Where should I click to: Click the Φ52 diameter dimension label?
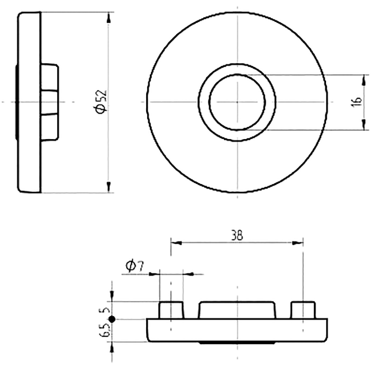pos(101,102)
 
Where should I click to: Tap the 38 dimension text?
pos(237,235)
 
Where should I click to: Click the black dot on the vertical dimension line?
pos(112,319)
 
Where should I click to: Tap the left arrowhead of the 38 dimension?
pos(176,243)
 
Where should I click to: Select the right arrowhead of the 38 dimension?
pos(298,243)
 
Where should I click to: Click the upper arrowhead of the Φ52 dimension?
pos(109,18)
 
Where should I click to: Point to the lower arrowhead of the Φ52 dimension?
pos(109,187)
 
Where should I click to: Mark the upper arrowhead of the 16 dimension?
pos(364,80)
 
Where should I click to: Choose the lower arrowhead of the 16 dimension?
pos(364,124)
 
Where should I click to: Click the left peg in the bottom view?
pos(171,310)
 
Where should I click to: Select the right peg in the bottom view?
pos(303,310)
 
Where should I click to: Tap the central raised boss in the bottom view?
pos(237,310)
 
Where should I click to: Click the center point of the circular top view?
pos(237,102)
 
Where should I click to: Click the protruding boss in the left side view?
pos(50,102)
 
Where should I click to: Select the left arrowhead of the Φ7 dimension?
pos(154,274)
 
